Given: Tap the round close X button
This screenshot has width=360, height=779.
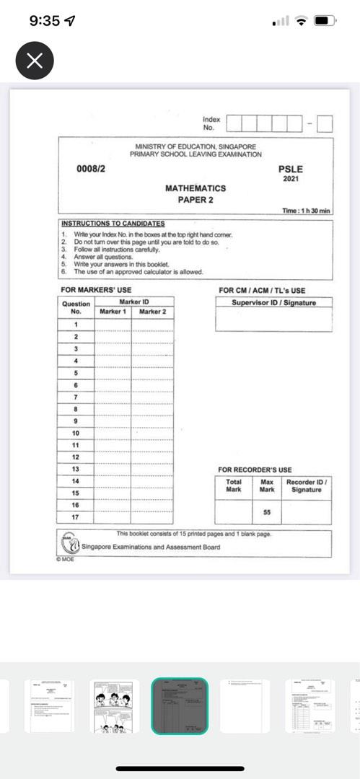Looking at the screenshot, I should tap(34, 61).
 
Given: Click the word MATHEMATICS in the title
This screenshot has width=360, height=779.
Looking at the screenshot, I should tap(196, 188).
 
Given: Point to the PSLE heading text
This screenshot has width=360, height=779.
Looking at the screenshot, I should tap(291, 169).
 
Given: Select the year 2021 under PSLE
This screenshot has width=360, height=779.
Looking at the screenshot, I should tap(291, 179).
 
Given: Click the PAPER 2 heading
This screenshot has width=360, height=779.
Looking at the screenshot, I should tap(196, 200).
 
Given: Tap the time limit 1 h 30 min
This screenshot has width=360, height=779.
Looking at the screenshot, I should tap(306, 211).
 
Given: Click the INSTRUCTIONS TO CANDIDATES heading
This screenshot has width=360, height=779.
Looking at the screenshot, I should tap(113, 224).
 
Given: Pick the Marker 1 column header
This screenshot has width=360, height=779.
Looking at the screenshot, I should tap(113, 312).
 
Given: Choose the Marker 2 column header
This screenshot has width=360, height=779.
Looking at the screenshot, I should tap(152, 312).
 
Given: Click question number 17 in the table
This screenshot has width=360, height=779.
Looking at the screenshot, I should tap(76, 517).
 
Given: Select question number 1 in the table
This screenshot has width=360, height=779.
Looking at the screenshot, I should tap(76, 325).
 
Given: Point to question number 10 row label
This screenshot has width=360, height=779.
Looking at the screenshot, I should tap(76, 433).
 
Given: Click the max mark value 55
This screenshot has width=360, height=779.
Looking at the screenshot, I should tap(267, 511).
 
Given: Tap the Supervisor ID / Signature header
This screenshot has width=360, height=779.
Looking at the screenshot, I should tap(274, 303).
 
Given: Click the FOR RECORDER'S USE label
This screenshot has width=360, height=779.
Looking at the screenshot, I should tap(255, 470).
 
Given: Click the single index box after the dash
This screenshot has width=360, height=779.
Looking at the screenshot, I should tap(325, 123).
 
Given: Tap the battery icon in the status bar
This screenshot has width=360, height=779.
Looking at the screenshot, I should tap(323, 21).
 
